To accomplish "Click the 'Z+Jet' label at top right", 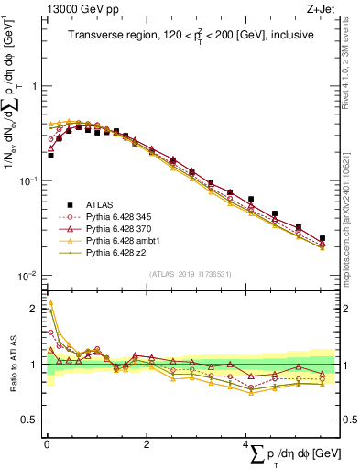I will pyautogui.click(x=322, y=8).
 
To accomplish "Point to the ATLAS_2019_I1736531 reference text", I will pyautogui.click(x=190, y=273).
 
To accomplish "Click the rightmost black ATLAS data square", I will pyautogui.click(x=322, y=238).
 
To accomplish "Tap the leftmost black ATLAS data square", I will pyautogui.click(x=50, y=156).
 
